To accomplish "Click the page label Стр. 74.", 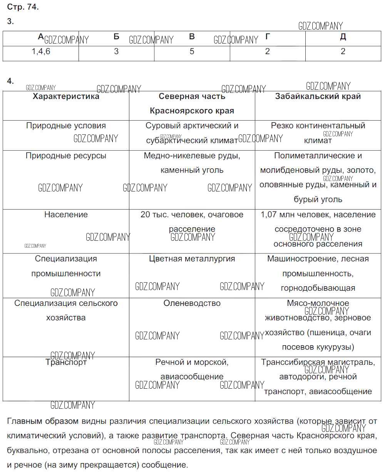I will click(x=23, y=7).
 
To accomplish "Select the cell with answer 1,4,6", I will click(x=41, y=52).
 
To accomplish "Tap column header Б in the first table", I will click(x=116, y=37).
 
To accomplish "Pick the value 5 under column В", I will click(x=192, y=52).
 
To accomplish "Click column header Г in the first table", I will click(x=268, y=37).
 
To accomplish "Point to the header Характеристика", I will click(x=66, y=96).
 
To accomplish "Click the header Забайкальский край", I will click(x=318, y=96).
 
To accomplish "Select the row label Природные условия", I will click(x=66, y=126).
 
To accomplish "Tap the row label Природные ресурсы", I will click(x=66, y=156).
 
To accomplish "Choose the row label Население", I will click(x=66, y=215).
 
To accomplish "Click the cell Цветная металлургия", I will click(x=192, y=259).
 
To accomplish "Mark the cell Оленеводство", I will click(x=192, y=303).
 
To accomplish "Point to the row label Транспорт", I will click(x=66, y=362).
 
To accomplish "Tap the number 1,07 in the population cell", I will click(x=268, y=215).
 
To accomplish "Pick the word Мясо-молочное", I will click(x=318, y=303).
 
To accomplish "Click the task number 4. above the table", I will click(x=10, y=81).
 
